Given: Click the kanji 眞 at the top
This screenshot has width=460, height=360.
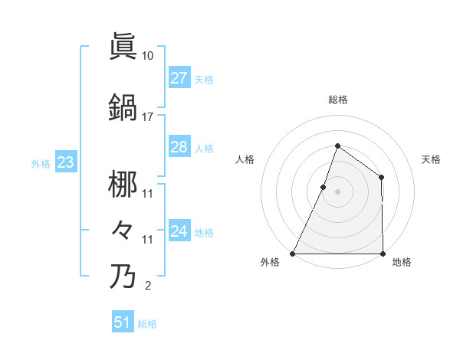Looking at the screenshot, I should [123, 46].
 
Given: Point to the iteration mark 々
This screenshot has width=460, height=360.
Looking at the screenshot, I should [123, 230].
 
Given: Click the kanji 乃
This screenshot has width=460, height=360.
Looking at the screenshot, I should [123, 276].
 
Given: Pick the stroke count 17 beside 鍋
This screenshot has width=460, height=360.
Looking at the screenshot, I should [148, 117].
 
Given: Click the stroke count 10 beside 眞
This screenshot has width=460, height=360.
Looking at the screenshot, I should [148, 56].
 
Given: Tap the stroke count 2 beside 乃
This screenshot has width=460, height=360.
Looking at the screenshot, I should [147, 286].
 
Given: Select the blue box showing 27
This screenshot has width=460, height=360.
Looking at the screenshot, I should [179, 78].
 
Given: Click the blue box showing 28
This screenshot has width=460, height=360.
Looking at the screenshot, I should [179, 147].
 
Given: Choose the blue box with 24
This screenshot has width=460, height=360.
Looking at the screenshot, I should [179, 231].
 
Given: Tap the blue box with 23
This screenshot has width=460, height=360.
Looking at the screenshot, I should [65, 162].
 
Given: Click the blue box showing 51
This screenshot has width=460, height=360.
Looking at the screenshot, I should [123, 322].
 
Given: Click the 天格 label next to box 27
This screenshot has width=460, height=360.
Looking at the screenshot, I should [204, 80].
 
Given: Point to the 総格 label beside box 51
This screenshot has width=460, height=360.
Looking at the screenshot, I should [147, 324].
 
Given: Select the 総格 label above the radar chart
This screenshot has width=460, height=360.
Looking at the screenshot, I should [337, 100].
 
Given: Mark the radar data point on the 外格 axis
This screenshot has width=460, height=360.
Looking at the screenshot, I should [293, 254].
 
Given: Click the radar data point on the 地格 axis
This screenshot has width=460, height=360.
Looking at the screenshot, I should [382, 254].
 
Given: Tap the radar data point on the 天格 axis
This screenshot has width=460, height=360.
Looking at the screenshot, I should [381, 178].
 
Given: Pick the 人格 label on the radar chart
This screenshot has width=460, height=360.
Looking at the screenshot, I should [245, 159].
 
